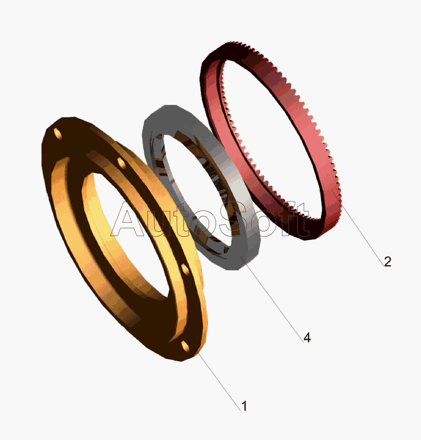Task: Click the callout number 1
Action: [245, 406]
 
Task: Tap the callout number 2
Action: [387, 261]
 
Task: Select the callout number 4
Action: [307, 338]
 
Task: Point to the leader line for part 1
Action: [218, 382]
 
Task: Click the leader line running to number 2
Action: [358, 228]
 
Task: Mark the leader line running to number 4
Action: [272, 299]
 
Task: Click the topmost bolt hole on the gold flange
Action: [58, 134]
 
